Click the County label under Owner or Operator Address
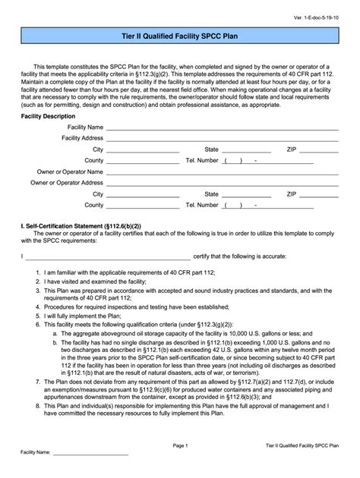(x=93, y=205)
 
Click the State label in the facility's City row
(x=212, y=149)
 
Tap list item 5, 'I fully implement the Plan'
(x=83, y=317)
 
